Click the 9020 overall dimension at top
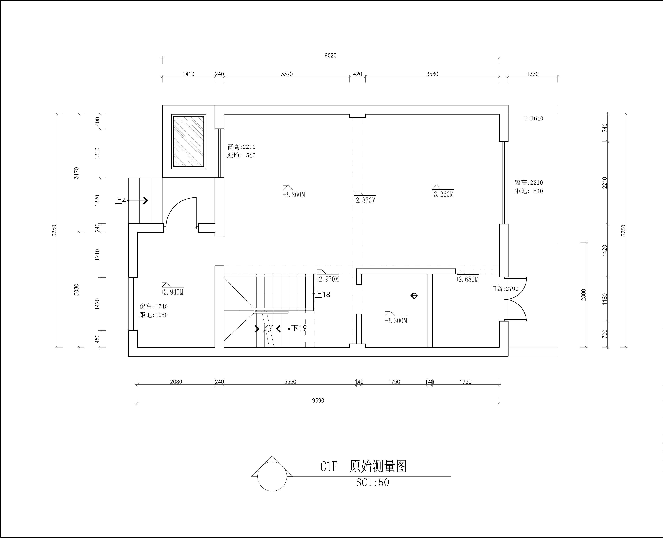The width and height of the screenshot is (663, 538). pos(330,55)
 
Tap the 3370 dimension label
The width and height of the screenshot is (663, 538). pos(287,74)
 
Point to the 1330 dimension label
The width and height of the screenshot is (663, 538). pos(533,74)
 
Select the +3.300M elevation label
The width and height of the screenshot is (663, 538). pos(396,321)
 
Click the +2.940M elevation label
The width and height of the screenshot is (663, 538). pos(172,292)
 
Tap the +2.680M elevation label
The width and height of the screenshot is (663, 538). pos(467,279)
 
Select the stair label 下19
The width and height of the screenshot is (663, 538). pos(299,328)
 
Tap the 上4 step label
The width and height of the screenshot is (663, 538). pos(121,201)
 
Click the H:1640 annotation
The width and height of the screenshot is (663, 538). pos(534,118)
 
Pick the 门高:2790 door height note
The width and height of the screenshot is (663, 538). pos(504,289)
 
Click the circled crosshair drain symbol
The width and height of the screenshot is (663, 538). pos(414,296)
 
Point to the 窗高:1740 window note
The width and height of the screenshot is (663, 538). pos(154,307)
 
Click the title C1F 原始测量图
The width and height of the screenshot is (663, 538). pos(363,466)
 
